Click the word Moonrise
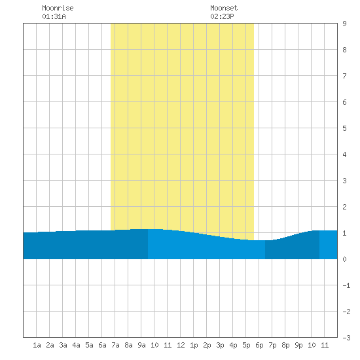pyautogui.click(x=58, y=8)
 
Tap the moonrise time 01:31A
pyautogui.click(x=54, y=16)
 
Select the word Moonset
pyautogui.click(x=224, y=8)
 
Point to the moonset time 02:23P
pyautogui.click(x=222, y=16)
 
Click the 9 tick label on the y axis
pyautogui.click(x=344, y=24)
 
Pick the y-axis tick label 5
pyautogui.click(x=344, y=128)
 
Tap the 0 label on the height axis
pyautogui.click(x=344, y=259)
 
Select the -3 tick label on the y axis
pyautogui.click(x=346, y=338)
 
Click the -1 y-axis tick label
pyautogui.click(x=346, y=285)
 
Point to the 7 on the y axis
pyautogui.click(x=344, y=76)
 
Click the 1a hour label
pyautogui.click(x=37, y=345)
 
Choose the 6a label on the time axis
pyautogui.click(x=102, y=345)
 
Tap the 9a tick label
pyautogui.click(x=141, y=345)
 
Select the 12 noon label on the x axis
pyautogui.click(x=181, y=345)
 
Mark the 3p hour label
pyautogui.click(x=220, y=345)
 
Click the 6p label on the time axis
pyautogui.click(x=259, y=345)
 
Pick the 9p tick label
pyautogui.click(x=298, y=345)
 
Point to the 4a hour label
pyautogui.click(x=76, y=345)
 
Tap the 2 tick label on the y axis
pyautogui.click(x=344, y=207)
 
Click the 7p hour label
pyautogui.click(x=272, y=345)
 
